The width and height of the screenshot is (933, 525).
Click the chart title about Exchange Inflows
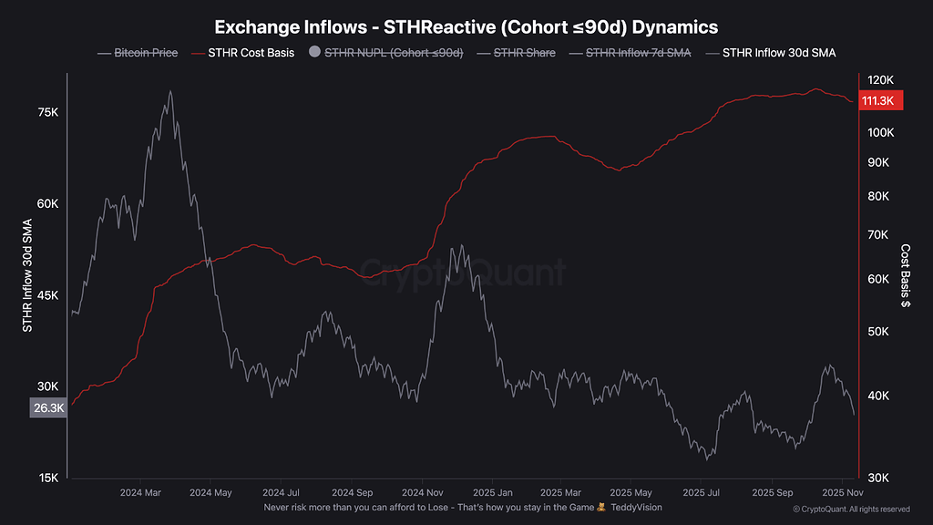(466, 27)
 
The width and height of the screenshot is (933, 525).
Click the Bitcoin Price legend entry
(146, 53)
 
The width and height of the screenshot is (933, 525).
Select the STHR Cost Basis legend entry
(251, 53)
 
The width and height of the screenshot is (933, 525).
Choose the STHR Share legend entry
(523, 53)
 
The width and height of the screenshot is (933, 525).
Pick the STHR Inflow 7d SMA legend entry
(639, 53)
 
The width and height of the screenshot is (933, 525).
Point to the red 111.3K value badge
(881, 101)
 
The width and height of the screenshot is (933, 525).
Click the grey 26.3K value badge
(48, 408)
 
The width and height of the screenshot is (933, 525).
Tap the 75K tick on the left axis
(48, 112)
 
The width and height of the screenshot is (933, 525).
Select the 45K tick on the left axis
(48, 295)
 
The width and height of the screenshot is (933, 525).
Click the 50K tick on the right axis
(878, 331)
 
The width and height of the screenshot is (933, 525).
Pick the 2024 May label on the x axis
(210, 492)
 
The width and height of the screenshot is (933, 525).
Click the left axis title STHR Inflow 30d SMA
(27, 275)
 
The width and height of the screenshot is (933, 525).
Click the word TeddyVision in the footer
(636, 507)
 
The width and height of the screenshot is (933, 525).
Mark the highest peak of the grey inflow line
(170, 91)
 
